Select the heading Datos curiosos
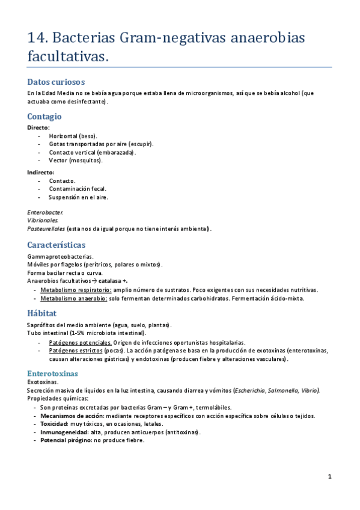point(56,82)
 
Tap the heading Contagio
point(44,116)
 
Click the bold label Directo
point(38,127)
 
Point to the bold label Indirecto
point(40,172)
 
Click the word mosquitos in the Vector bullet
point(85,160)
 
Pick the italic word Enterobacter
point(45,212)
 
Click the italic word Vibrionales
point(43,220)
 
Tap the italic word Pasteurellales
point(46,229)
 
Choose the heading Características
point(56,245)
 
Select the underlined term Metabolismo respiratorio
point(76,289)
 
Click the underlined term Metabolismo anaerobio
point(74,298)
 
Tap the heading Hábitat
point(42,313)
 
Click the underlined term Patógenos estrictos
point(76,351)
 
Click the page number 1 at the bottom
point(330,477)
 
